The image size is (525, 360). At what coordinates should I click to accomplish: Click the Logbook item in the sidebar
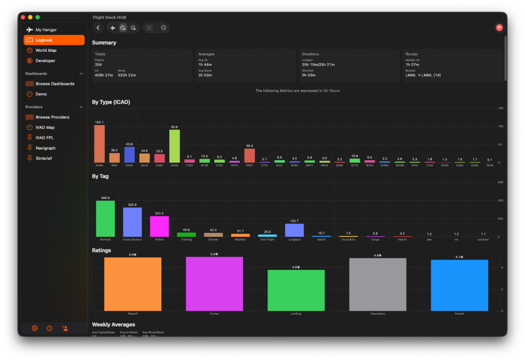(54, 40)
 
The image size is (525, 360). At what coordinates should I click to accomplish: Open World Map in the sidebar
(46, 50)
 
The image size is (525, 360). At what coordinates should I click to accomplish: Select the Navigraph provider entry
(45, 148)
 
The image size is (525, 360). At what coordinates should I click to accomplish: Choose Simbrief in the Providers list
(44, 158)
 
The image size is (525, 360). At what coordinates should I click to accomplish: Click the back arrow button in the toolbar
(98, 28)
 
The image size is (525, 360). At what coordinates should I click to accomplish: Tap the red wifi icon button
(499, 28)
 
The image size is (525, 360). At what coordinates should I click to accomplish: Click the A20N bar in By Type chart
(99, 144)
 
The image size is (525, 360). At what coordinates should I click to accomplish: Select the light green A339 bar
(174, 146)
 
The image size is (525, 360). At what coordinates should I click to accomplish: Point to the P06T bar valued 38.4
(250, 155)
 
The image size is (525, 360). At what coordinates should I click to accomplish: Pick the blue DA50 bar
(129, 155)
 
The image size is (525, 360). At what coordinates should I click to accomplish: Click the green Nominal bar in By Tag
(105, 218)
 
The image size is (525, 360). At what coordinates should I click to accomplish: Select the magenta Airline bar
(159, 226)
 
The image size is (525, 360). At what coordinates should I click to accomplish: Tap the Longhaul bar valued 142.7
(294, 230)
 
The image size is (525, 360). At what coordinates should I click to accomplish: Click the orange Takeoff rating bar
(132, 284)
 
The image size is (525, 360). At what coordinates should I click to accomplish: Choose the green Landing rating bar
(296, 290)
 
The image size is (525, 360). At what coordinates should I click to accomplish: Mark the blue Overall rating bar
(459, 285)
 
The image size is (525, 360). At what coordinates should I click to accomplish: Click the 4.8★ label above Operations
(377, 255)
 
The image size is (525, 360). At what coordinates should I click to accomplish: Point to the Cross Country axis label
(132, 239)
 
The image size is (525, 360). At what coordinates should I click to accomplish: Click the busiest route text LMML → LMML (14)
(423, 75)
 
